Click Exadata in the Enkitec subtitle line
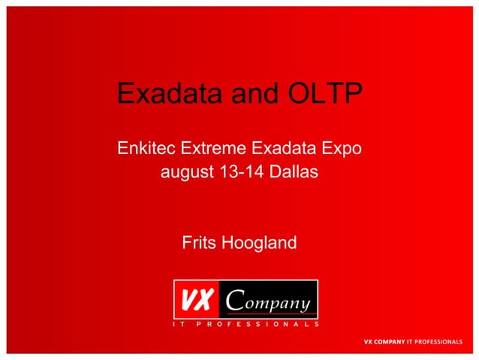tap(288, 149)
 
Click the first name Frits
tap(198, 244)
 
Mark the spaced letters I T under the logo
tap(180, 325)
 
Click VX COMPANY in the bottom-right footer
tap(384, 342)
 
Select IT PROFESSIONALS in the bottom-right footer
tap(434, 342)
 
